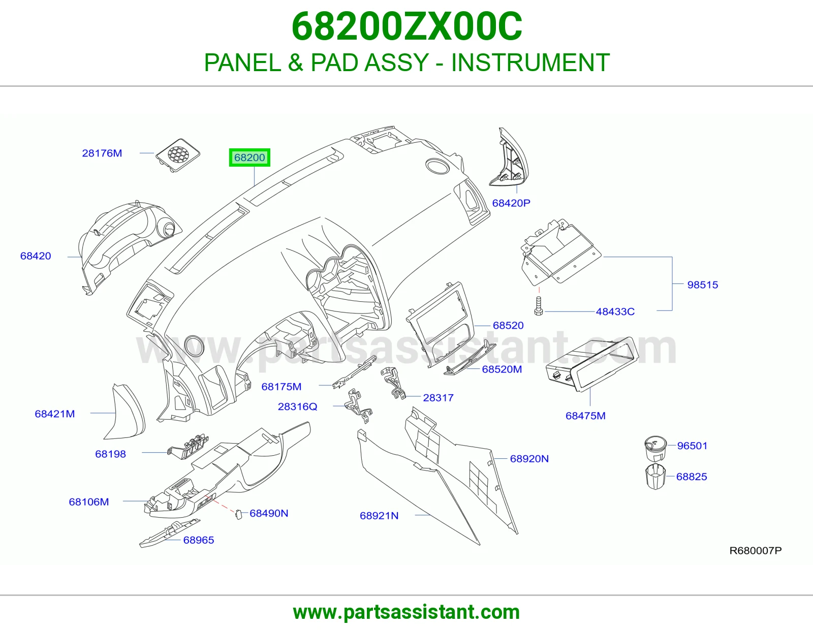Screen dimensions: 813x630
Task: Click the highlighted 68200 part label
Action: (249, 157)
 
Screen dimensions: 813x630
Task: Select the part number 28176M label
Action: (102, 153)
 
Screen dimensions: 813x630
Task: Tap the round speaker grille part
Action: (178, 155)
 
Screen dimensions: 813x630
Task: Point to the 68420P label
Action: (511, 203)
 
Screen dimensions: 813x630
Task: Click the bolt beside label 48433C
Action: (539, 306)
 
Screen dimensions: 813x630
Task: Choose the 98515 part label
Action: (703, 285)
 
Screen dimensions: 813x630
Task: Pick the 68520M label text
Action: (502, 369)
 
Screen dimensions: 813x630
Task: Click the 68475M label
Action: (585, 416)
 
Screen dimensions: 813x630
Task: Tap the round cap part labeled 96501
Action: (655, 448)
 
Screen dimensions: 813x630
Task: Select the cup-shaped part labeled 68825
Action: (655, 477)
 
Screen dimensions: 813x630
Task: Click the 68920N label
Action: (529, 459)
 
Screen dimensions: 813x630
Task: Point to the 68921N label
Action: (379, 516)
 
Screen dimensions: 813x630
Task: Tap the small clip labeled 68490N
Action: (238, 514)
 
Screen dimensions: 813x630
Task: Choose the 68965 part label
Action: (199, 540)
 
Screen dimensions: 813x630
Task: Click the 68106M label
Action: (89, 501)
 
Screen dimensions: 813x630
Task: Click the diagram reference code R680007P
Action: (756, 550)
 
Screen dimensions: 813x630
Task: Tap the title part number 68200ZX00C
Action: (407, 26)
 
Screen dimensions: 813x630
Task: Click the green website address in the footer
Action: (407, 612)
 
